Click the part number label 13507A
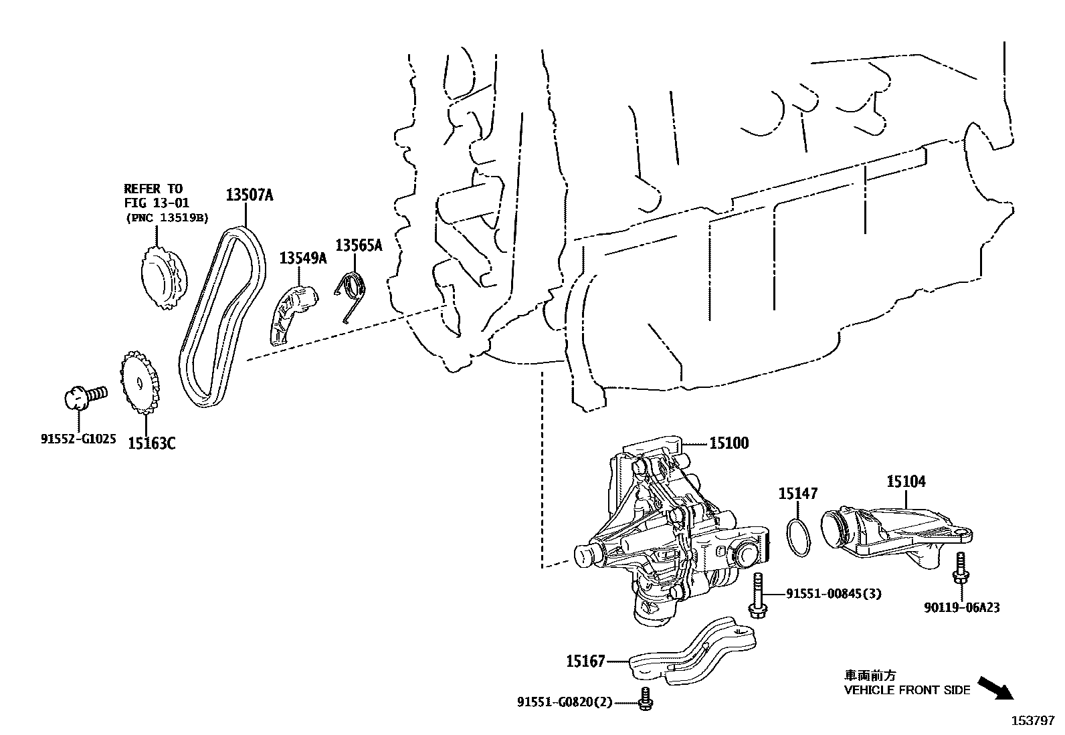[249, 195]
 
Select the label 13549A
[302, 257]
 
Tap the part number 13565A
[359, 245]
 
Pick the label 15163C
[152, 443]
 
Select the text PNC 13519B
[167, 217]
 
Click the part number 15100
[729, 442]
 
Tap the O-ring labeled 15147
[797, 536]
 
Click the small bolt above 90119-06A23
[961, 568]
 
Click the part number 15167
[585, 661]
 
